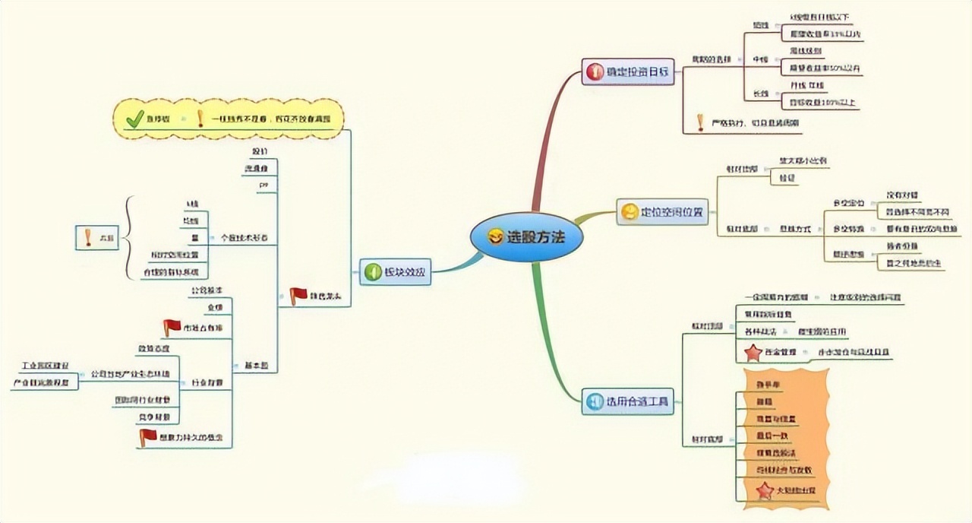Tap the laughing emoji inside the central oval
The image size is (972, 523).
(x=496, y=237)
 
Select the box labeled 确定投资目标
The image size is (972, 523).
(x=628, y=73)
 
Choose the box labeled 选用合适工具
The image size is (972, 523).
(x=628, y=401)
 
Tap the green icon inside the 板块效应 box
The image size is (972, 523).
(x=372, y=271)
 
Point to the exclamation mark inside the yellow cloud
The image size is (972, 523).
(x=200, y=119)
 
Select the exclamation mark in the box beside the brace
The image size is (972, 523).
(x=88, y=238)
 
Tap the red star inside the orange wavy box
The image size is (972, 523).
(x=765, y=491)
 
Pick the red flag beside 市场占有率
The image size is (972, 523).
(x=172, y=328)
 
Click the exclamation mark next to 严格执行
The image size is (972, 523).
(x=700, y=122)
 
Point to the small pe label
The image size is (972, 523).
(x=264, y=185)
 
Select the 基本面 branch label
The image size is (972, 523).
(x=256, y=366)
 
